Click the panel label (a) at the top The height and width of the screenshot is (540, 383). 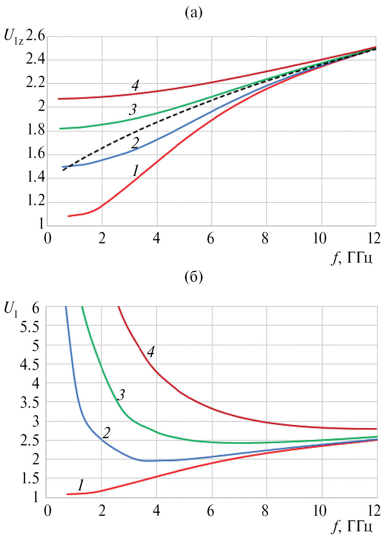click(193, 13)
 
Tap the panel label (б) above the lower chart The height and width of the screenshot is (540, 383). click(193, 277)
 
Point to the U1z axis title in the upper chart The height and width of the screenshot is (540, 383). click(13, 37)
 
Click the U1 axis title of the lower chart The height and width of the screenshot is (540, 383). click(10, 310)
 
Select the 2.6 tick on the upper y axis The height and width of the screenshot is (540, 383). click(36, 36)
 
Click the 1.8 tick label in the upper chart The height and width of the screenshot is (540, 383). click(36, 130)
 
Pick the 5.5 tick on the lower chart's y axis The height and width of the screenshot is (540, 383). click(30, 327)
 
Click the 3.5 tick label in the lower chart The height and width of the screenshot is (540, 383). click(30, 403)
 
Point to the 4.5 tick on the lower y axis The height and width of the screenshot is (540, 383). click(30, 365)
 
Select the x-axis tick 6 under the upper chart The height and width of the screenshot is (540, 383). click(211, 239)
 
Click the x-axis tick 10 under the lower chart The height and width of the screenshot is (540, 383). click(320, 511)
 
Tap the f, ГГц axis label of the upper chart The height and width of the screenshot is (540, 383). click(352, 258)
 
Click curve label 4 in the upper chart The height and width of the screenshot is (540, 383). click(135, 86)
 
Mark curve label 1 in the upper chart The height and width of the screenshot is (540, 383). click(135, 171)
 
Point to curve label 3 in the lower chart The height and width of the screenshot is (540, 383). click(121, 395)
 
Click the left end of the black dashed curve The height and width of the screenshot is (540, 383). click(63, 170)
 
